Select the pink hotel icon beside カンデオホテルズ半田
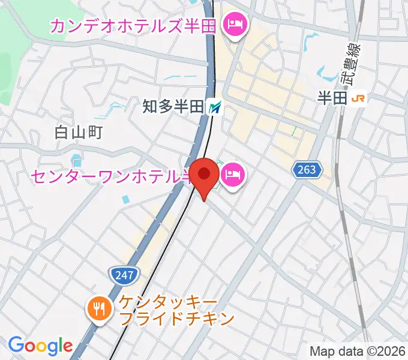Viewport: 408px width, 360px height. pos(233,25)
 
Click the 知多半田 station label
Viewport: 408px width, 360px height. pos(173,107)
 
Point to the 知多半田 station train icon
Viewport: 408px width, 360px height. pos(215,107)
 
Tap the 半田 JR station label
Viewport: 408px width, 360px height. pos(332,98)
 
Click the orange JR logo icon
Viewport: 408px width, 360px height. pos(359,98)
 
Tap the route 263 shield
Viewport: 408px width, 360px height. pos(305,170)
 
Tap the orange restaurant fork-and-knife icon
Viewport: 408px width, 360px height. pos(97,309)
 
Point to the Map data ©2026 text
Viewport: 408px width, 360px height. pos(356,350)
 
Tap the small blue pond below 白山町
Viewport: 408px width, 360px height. pos(76,160)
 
